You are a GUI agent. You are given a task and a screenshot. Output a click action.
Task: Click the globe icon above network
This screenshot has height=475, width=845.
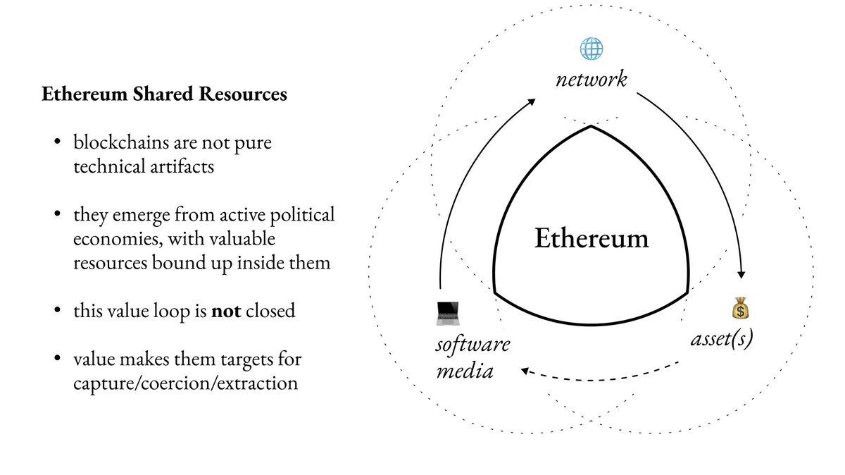coord(591,49)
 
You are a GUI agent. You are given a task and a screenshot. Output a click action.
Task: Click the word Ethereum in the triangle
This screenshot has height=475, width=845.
coord(591,238)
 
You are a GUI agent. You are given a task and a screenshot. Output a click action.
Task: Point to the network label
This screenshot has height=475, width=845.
coord(591,79)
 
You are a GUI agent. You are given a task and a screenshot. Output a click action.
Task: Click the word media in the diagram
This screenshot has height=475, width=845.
coord(464,370)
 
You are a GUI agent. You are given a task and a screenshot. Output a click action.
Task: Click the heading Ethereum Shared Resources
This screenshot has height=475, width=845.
coord(164,95)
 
